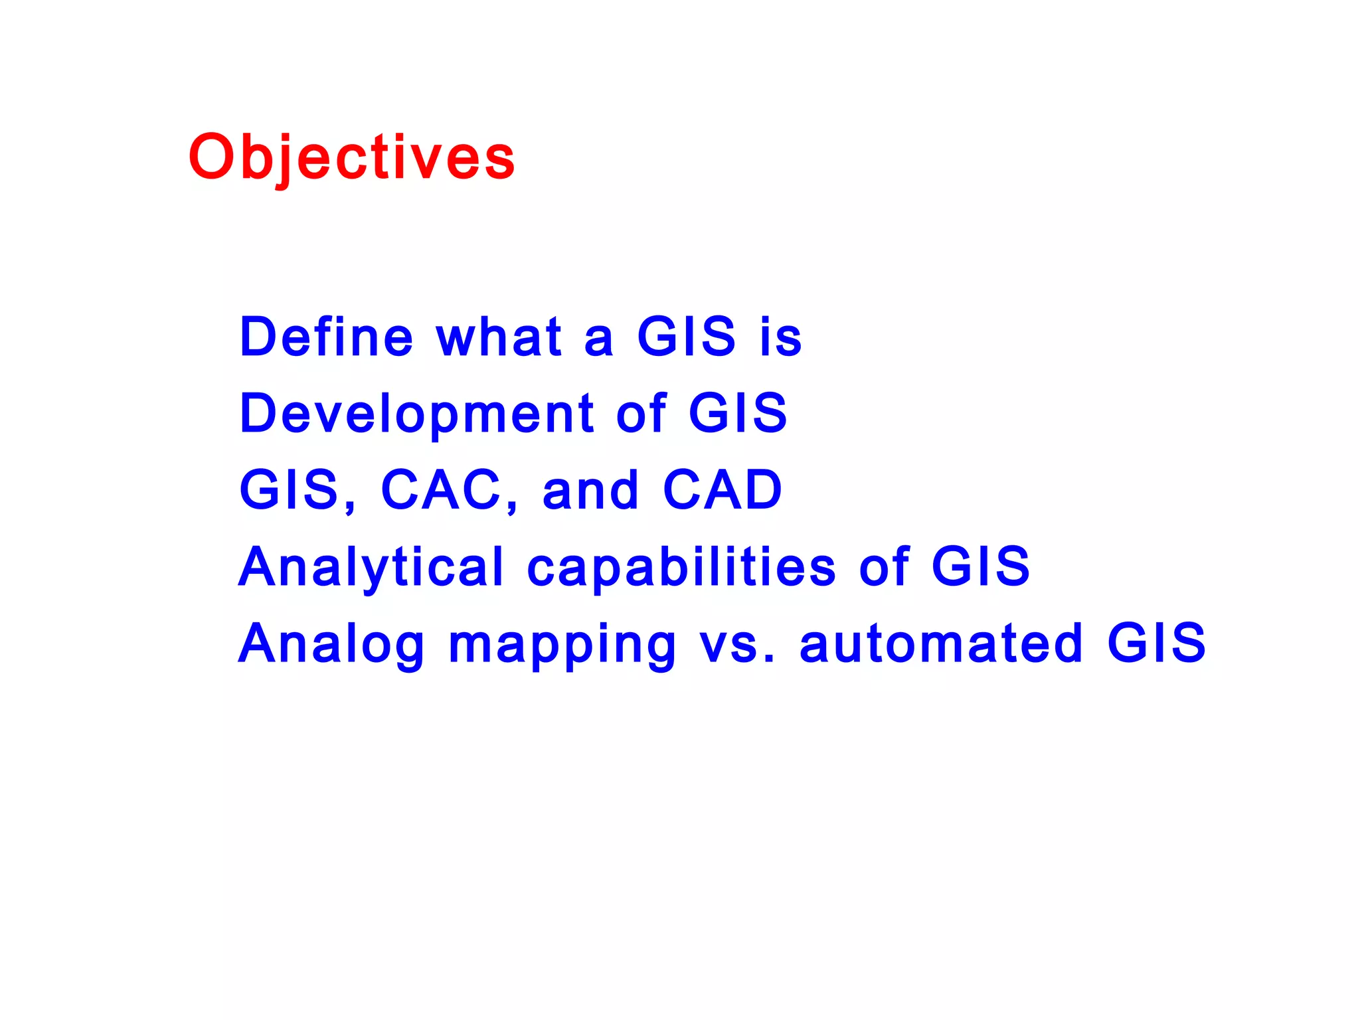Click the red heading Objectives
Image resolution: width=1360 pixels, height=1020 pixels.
pos(351,157)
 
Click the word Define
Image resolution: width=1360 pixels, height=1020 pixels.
pos(326,337)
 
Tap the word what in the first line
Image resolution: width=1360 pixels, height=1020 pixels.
pos(499,337)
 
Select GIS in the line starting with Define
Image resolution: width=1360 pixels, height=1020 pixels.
pos(686,337)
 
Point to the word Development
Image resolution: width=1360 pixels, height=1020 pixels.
pos(416,414)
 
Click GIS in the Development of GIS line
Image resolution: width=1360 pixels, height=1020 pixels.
pos(738,413)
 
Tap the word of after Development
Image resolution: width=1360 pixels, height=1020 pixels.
pos(641,413)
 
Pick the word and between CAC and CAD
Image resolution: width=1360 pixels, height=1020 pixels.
pos(590,491)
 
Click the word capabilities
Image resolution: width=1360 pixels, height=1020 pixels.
pos(681,567)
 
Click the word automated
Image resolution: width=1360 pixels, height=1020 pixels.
pos(941,643)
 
